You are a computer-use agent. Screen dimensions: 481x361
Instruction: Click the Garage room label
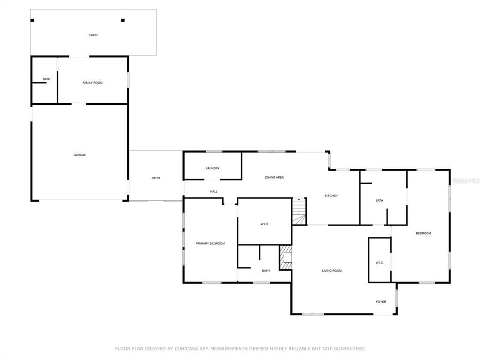click(x=79, y=155)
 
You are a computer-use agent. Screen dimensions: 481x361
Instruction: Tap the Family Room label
click(x=93, y=83)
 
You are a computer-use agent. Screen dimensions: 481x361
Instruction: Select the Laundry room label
click(x=213, y=169)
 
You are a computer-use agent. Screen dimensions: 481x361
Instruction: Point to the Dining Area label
click(x=274, y=177)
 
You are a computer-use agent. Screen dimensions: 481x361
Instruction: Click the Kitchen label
click(x=331, y=196)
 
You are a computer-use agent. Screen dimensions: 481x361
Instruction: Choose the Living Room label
click(x=332, y=271)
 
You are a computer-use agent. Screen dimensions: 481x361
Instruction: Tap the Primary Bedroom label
click(x=210, y=244)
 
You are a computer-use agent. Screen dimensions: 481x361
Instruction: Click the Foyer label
click(x=381, y=302)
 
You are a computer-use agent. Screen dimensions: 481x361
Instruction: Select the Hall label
click(x=214, y=192)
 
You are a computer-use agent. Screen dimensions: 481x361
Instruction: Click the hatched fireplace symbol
click(x=285, y=257)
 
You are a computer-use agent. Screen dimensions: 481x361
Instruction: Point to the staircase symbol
click(x=299, y=212)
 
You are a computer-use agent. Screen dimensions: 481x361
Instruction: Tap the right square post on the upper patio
click(x=123, y=21)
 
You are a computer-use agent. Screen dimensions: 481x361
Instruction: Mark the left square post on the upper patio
click(x=32, y=21)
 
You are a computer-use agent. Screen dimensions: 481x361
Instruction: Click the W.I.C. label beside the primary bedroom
click(x=264, y=224)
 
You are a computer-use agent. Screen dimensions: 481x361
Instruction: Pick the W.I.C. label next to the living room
click(x=380, y=263)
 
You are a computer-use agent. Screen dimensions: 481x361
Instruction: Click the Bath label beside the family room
click(x=47, y=79)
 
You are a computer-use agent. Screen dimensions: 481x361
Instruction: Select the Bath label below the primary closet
click(x=266, y=271)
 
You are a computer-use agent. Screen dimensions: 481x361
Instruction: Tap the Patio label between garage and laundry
click(x=156, y=178)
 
